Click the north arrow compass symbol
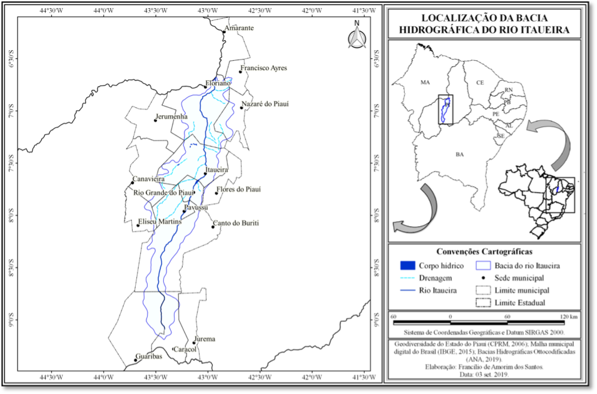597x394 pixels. point(357,37)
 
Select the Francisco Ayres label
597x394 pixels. point(263,68)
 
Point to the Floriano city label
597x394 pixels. point(218,83)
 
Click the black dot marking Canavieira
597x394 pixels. point(133,183)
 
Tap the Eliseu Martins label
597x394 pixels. point(160,222)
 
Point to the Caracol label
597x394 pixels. point(185,350)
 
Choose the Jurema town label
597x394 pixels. point(205,340)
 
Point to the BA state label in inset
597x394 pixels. point(459,154)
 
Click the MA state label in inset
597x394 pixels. point(426,82)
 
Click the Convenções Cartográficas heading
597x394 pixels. point(487,251)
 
